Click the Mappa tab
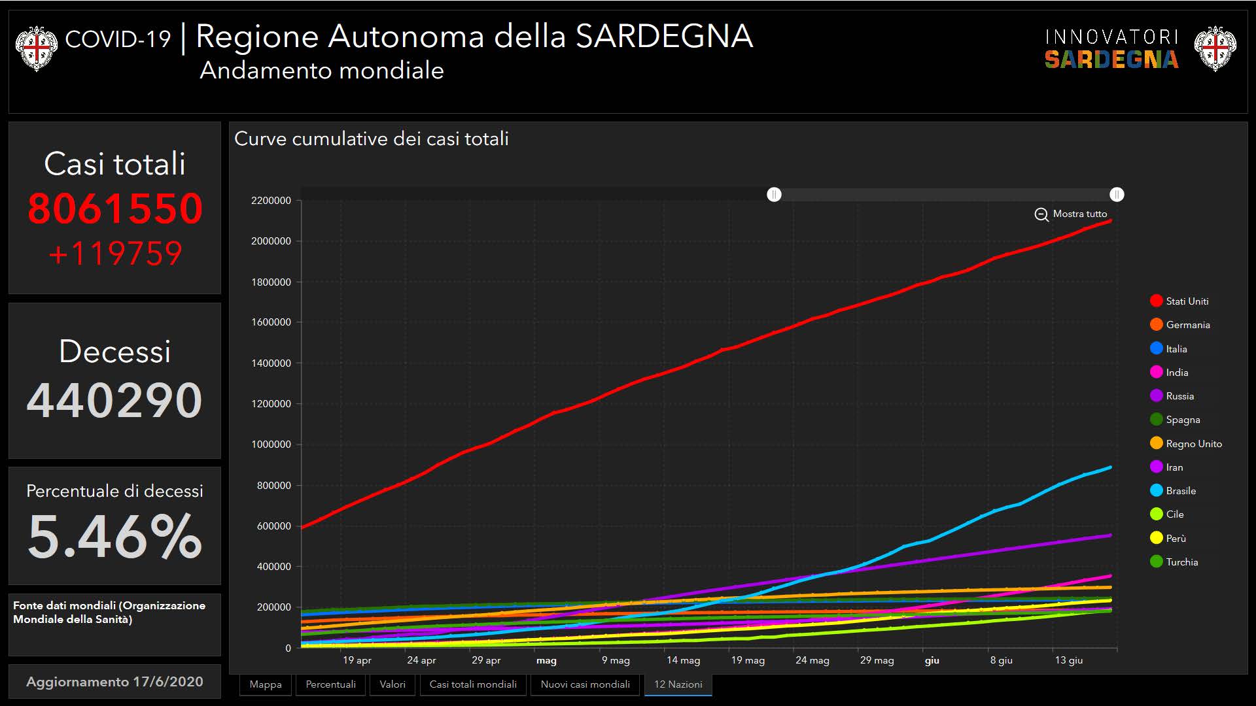pyautogui.click(x=266, y=684)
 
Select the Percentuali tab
pyautogui.click(x=330, y=684)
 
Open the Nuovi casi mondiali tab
pyautogui.click(x=585, y=684)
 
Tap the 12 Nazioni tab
pyautogui.click(x=678, y=684)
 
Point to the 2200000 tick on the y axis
pyautogui.click(x=271, y=201)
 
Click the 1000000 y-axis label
pyautogui.click(x=271, y=445)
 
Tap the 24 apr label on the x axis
pyautogui.click(x=421, y=660)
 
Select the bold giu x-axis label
pyautogui.click(x=932, y=660)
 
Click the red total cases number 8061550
pyautogui.click(x=115, y=209)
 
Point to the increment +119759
pyautogui.click(x=115, y=254)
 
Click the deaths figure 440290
pyautogui.click(x=114, y=400)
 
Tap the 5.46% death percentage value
pyautogui.click(x=114, y=537)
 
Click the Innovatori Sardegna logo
pyautogui.click(x=1111, y=49)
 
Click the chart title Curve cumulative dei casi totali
pyautogui.click(x=371, y=139)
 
